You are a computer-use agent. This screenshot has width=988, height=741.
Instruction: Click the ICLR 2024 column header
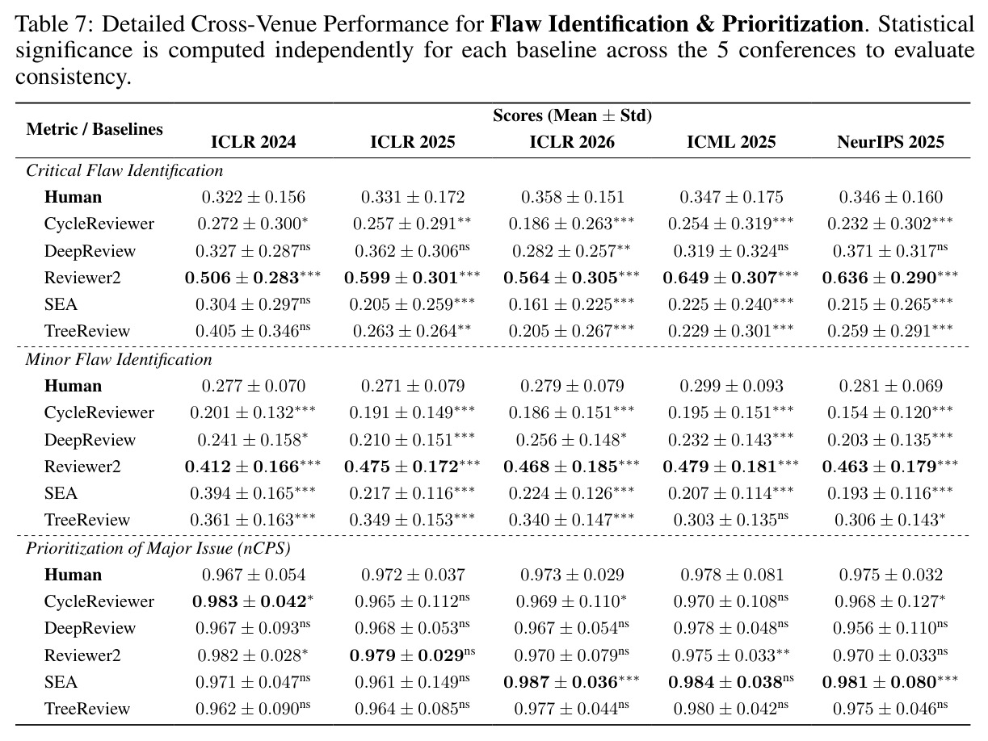tap(254, 142)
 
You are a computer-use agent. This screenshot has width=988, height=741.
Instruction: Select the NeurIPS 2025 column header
tap(890, 142)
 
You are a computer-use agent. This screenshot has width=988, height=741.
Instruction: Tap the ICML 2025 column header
tap(731, 142)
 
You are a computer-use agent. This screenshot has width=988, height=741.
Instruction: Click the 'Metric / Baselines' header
tap(95, 129)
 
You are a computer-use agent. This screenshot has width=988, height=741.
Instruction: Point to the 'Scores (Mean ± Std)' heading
tap(572, 115)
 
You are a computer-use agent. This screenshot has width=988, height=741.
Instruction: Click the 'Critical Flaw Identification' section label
tap(124, 171)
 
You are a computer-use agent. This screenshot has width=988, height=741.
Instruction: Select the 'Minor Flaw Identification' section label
tap(119, 360)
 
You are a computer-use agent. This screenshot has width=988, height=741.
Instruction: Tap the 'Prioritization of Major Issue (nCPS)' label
tap(158, 549)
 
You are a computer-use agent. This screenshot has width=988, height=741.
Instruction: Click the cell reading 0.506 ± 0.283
tap(253, 278)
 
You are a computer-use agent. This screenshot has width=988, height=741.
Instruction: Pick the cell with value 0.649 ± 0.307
tap(730, 278)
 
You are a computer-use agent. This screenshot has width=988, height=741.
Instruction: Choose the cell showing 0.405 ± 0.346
tap(253, 332)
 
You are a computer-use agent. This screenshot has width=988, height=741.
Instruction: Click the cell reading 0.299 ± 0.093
tap(731, 386)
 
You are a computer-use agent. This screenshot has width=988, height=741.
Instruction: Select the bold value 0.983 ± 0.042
tap(253, 601)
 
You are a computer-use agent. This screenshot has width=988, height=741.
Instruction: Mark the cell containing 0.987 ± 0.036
tap(571, 682)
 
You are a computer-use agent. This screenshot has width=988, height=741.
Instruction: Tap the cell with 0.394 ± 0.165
tap(253, 493)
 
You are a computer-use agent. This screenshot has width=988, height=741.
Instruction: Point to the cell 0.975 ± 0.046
tap(890, 709)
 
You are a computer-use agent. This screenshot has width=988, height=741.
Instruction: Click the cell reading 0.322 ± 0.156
tap(254, 198)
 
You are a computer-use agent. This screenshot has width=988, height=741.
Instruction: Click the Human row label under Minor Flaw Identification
tap(73, 386)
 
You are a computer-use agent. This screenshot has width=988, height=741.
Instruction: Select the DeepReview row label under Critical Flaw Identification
tap(90, 251)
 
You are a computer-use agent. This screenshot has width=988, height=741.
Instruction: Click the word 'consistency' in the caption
tap(73, 77)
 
